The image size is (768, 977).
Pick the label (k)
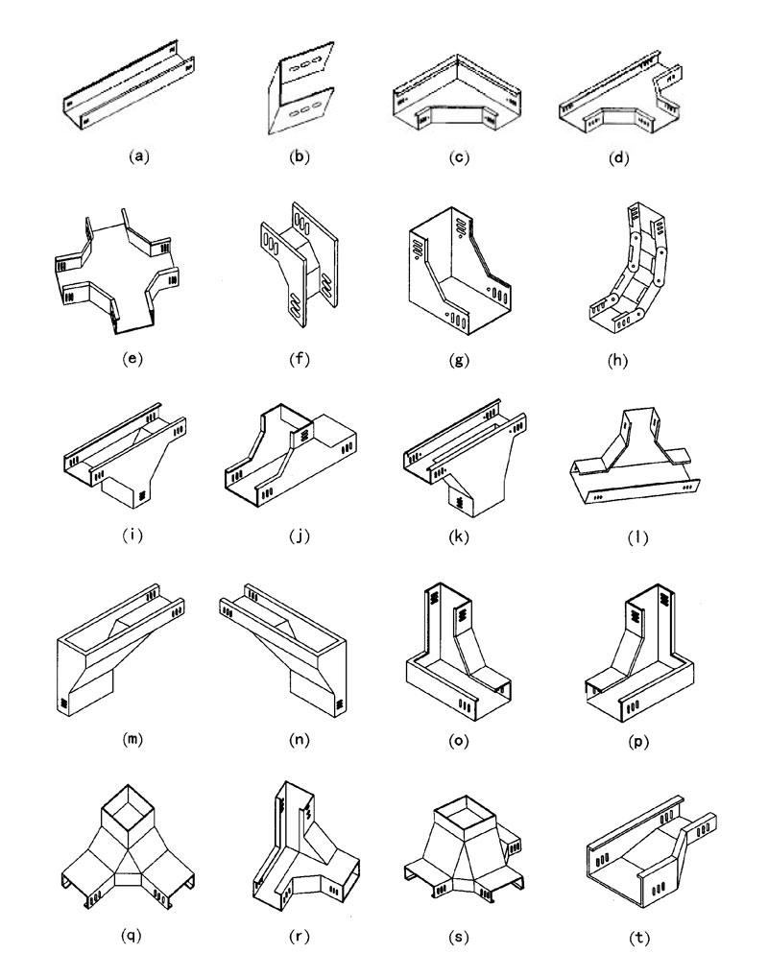click(x=460, y=536)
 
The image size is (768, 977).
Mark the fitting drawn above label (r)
click(x=302, y=845)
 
